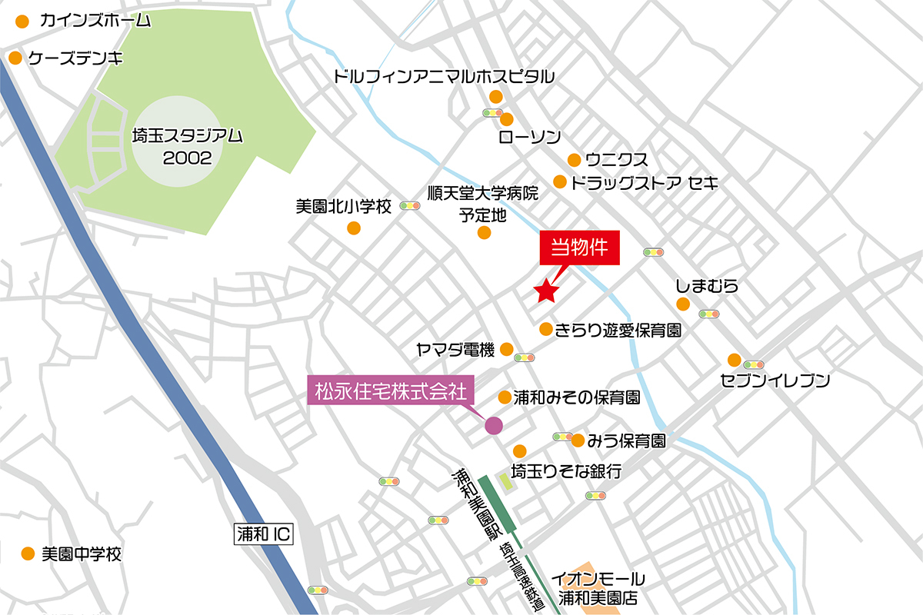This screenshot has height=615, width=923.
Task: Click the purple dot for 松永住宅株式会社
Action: point(492,424)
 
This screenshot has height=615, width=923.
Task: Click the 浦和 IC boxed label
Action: point(262,533)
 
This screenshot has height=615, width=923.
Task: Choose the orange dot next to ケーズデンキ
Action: point(15,58)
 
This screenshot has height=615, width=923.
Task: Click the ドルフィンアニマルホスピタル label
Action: point(444,76)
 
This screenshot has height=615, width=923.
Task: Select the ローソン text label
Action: point(529,138)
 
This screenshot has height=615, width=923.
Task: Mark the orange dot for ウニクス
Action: point(574,160)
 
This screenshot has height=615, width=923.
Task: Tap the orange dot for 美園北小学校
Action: point(354,228)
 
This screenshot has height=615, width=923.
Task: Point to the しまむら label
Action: point(707,286)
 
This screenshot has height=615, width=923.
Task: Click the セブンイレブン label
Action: point(775,379)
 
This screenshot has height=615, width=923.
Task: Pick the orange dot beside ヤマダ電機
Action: point(506,349)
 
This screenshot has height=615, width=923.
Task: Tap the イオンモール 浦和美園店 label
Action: point(601,588)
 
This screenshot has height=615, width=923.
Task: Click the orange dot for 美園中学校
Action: point(28,553)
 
